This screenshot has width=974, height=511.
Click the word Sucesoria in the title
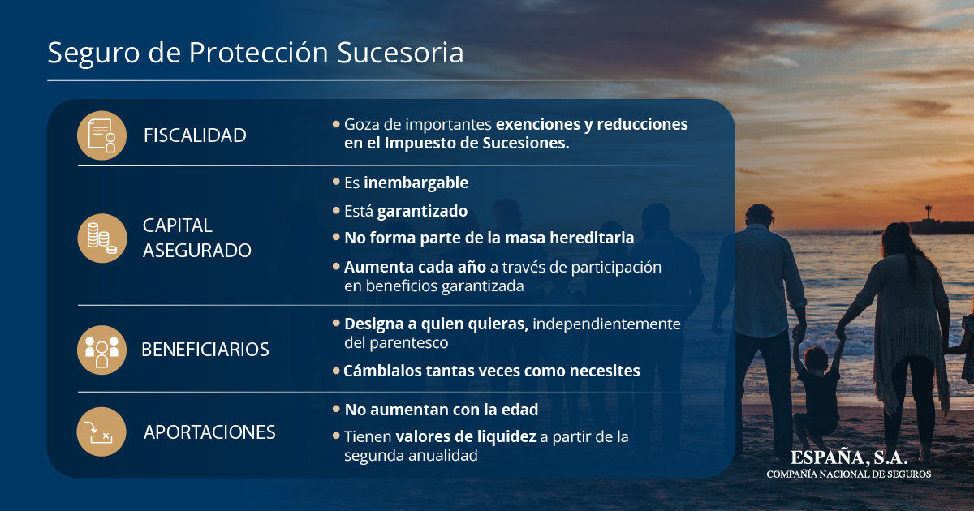tap(400, 53)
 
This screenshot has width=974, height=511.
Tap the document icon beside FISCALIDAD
tap(101, 135)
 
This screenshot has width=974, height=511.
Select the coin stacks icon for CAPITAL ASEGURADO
tap(102, 238)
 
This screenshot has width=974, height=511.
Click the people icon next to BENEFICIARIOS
tap(101, 350)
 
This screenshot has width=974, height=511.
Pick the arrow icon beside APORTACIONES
tap(101, 432)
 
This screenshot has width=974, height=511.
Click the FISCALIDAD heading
tap(195, 135)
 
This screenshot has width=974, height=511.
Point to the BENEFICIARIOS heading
tap(205, 350)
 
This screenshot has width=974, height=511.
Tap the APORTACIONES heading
tap(209, 432)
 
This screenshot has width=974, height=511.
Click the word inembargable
tap(416, 183)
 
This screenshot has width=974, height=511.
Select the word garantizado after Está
tap(422, 211)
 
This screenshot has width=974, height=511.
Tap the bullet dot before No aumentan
tap(336, 409)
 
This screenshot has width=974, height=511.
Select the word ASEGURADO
tap(197, 251)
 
